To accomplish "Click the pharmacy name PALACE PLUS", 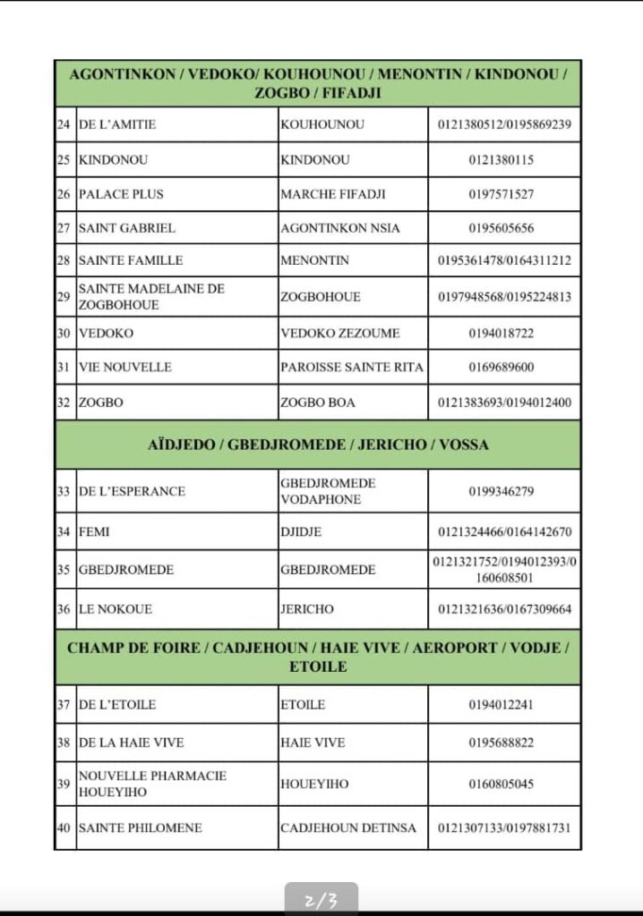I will pyautogui.click(x=122, y=194).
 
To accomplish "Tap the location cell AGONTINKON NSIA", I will pyautogui.click(x=340, y=228).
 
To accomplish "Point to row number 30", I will pyautogui.click(x=64, y=333).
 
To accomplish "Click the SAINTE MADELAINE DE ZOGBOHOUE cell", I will pyautogui.click(x=151, y=296).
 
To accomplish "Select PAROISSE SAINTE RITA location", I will pyautogui.click(x=352, y=367).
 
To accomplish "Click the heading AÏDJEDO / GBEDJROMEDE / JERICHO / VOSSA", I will pyautogui.click(x=318, y=445).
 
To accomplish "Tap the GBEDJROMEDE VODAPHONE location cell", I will pyautogui.click(x=328, y=491).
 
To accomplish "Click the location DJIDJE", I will pyautogui.click(x=307, y=532).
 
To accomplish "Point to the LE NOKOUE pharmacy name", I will pyautogui.click(x=116, y=609).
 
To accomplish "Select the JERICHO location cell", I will pyautogui.click(x=307, y=609).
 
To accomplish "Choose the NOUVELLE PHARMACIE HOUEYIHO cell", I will pyautogui.click(x=152, y=784).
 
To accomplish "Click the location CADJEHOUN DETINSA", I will pyautogui.click(x=348, y=828).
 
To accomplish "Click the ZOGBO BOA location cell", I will pyautogui.click(x=318, y=403).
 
